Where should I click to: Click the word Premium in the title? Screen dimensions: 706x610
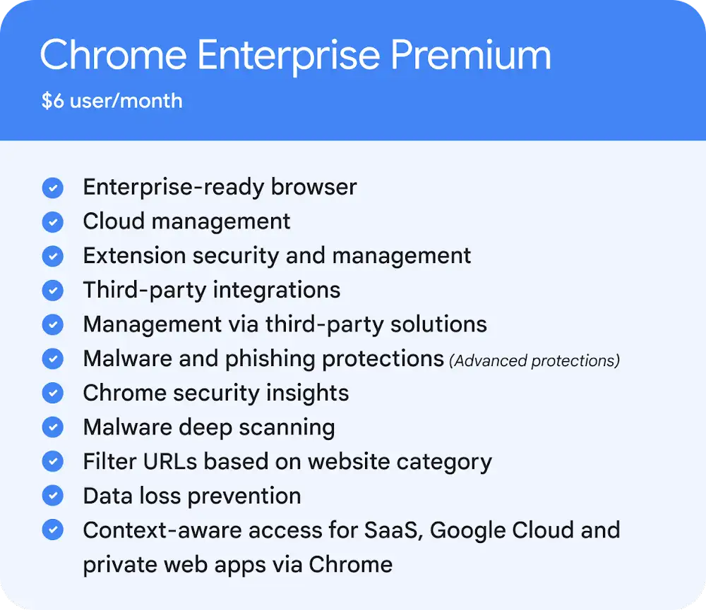click(x=470, y=54)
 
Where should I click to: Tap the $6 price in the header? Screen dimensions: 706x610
click(x=53, y=100)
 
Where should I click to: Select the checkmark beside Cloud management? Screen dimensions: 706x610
click(x=53, y=221)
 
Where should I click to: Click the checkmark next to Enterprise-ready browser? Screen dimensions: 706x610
click(x=53, y=188)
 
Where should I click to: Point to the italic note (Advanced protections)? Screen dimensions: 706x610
click(x=534, y=361)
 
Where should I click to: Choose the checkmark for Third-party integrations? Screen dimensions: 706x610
click(x=53, y=290)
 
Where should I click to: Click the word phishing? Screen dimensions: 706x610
click(x=270, y=360)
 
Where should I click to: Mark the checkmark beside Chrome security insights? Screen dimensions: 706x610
click(x=53, y=393)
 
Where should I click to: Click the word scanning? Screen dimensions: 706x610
click(x=287, y=428)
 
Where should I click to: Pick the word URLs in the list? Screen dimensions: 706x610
click(x=170, y=461)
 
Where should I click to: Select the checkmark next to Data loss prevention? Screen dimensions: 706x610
click(x=53, y=495)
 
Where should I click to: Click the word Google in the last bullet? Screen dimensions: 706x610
click(x=468, y=531)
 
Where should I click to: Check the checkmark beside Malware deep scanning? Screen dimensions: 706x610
click(x=53, y=427)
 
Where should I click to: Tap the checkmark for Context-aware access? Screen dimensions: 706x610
click(x=53, y=530)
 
